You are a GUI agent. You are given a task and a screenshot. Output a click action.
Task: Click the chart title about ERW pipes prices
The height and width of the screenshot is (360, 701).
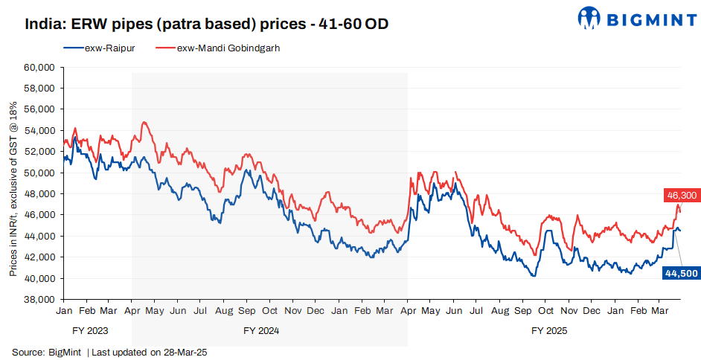[x=207, y=24]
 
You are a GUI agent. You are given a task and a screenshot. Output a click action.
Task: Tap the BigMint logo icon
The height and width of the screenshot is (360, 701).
[x=591, y=19]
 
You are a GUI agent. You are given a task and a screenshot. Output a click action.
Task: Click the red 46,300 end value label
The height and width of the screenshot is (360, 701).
[x=680, y=195]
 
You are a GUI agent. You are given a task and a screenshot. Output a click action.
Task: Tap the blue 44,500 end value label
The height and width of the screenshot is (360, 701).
[x=680, y=273]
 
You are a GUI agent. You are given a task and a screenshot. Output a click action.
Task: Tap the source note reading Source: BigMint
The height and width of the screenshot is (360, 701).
[x=47, y=352]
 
